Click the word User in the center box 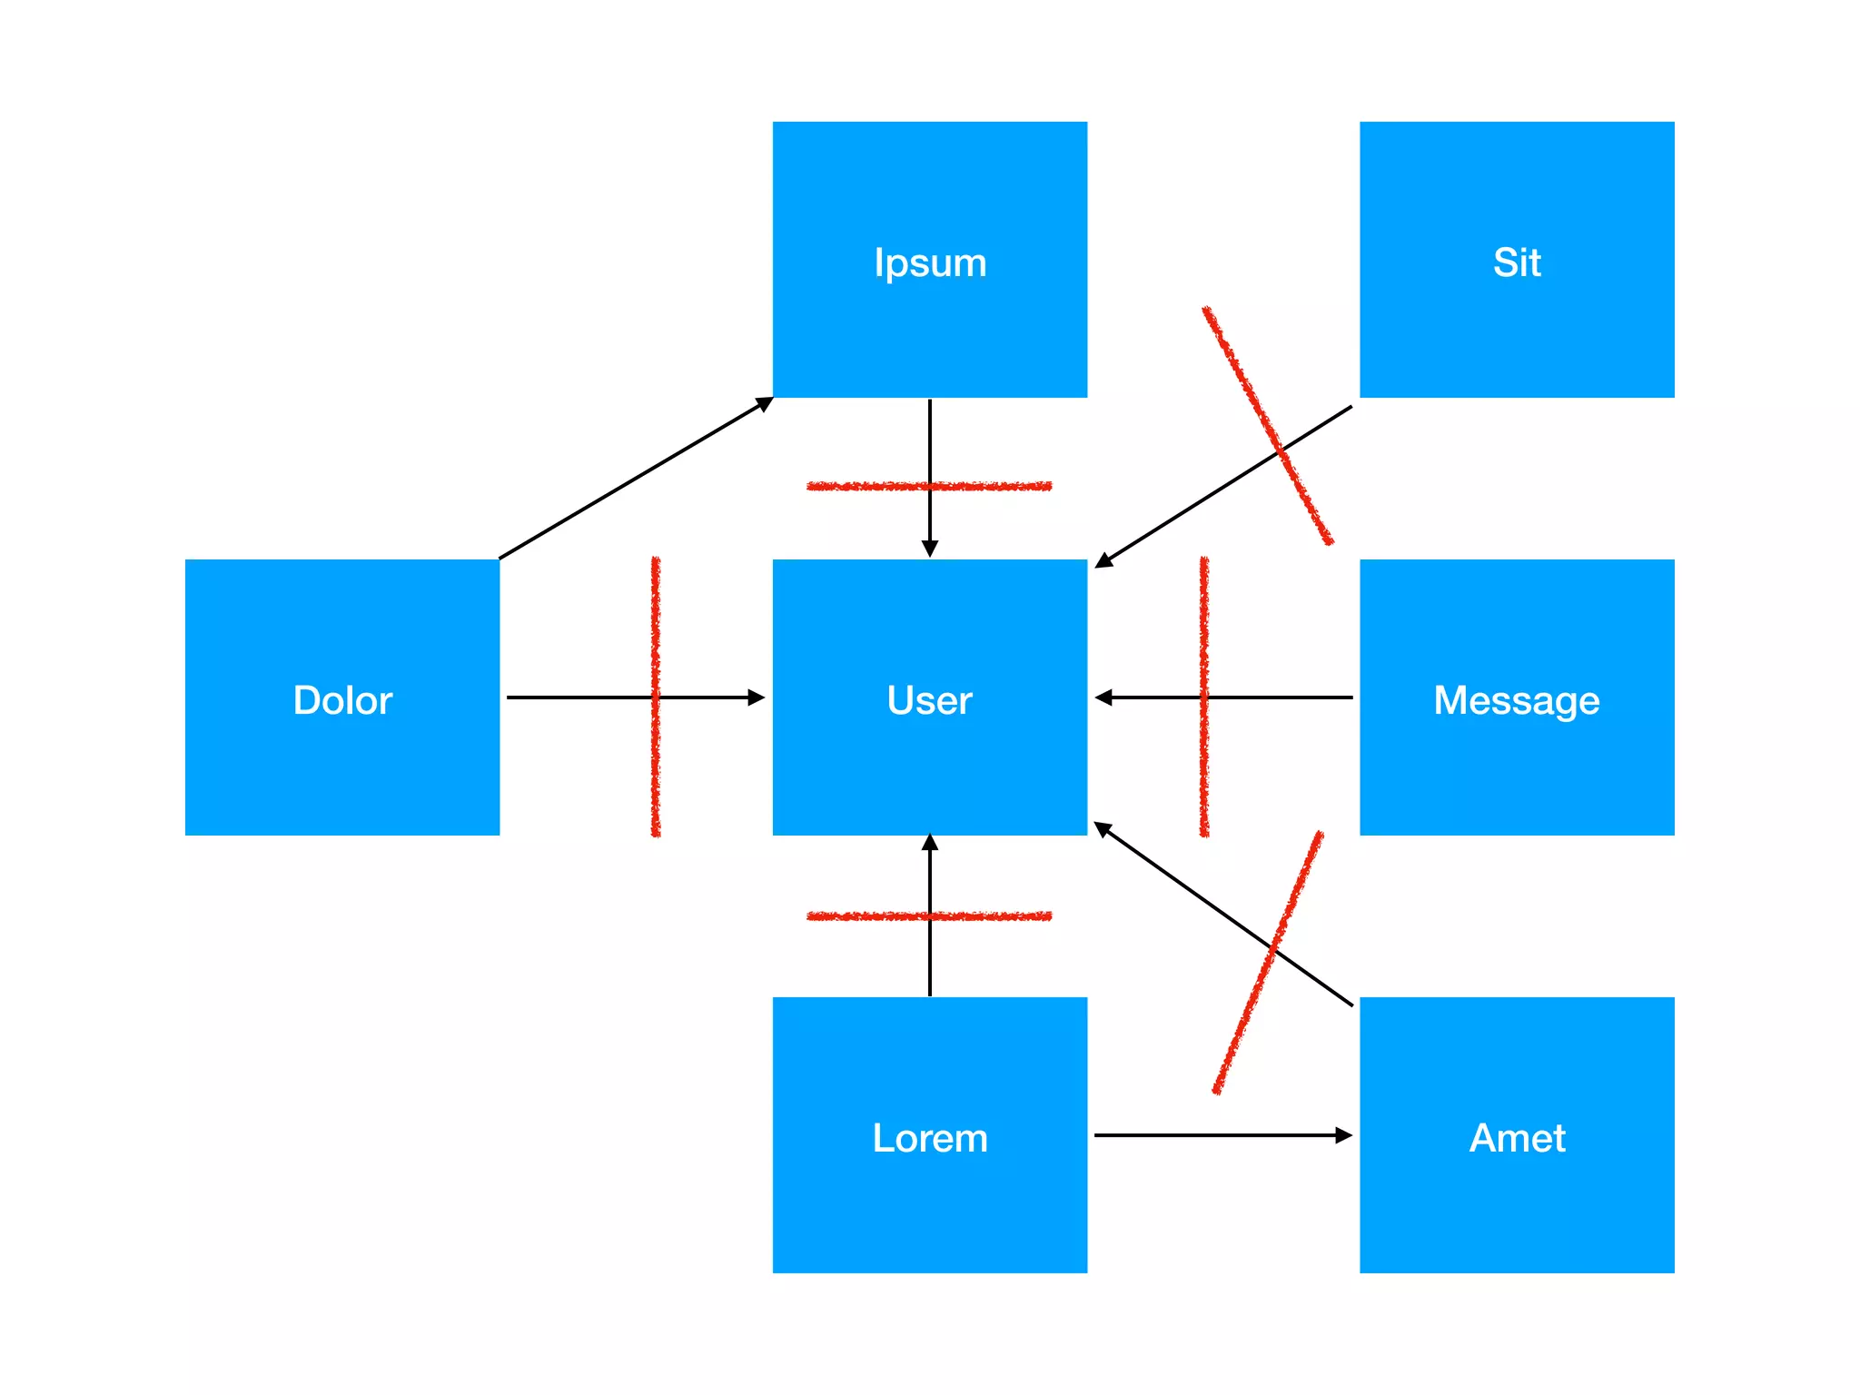(x=929, y=700)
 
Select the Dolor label (x=342, y=700)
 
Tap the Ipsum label (x=929, y=262)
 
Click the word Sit (x=1516, y=262)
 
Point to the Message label (x=1516, y=700)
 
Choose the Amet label (x=1517, y=1138)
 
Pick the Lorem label (x=929, y=1138)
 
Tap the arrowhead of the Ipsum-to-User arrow (x=929, y=548)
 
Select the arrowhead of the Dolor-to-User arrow (x=756, y=697)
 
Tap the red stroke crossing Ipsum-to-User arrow (x=863, y=487)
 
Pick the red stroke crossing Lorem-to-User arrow (x=863, y=916)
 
